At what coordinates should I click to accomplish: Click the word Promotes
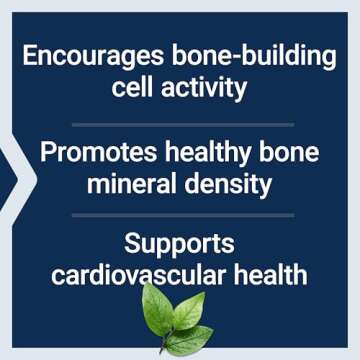91,154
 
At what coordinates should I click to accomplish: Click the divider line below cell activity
180,123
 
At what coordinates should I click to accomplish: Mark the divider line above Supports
180,215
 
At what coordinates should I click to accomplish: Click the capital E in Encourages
30,57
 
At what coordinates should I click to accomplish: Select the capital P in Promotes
46,154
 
